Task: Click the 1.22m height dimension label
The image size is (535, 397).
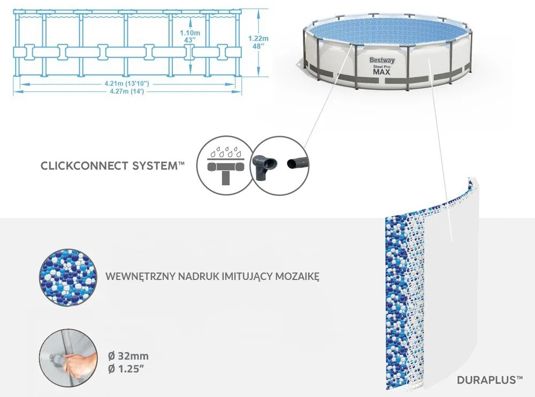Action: (258, 42)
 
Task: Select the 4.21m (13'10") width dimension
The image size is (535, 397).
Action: (126, 83)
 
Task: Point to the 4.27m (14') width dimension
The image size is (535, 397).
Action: (126, 91)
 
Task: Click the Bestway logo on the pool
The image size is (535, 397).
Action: (382, 60)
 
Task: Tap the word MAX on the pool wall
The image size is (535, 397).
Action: (382, 72)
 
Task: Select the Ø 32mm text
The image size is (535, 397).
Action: (128, 356)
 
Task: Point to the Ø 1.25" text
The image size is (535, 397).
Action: (128, 369)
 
